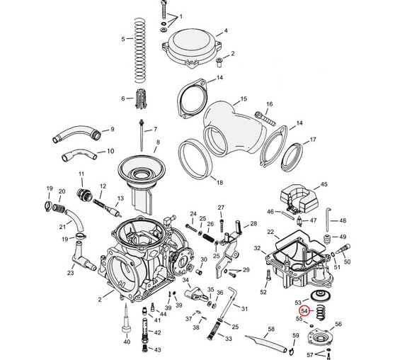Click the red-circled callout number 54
click(304, 311)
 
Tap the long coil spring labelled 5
click(140, 50)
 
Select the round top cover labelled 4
click(191, 49)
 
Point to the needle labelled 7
click(142, 135)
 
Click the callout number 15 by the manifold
click(244, 99)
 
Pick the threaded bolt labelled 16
click(265, 118)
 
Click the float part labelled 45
click(299, 199)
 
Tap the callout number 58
click(271, 330)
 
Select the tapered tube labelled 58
click(266, 343)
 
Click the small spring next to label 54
click(320, 312)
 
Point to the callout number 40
click(127, 342)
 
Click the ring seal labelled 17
click(292, 157)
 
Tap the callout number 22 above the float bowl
click(270, 231)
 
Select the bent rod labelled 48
click(328, 220)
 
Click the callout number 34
click(185, 279)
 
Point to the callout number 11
click(81, 174)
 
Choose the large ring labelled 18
click(195, 159)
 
